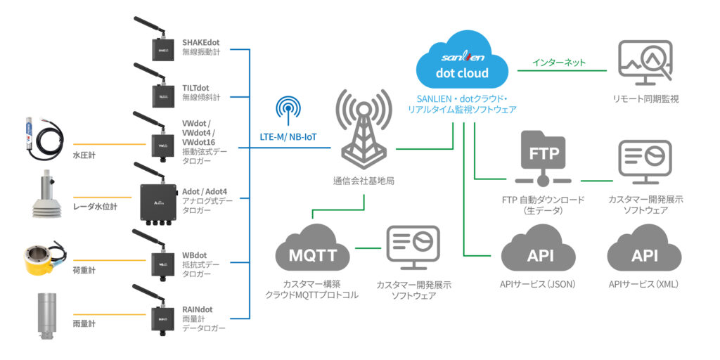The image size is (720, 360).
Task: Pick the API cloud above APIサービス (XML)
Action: (x=644, y=253)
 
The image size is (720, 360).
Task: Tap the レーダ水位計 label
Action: (x=96, y=207)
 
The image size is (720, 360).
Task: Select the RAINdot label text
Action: (x=198, y=308)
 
